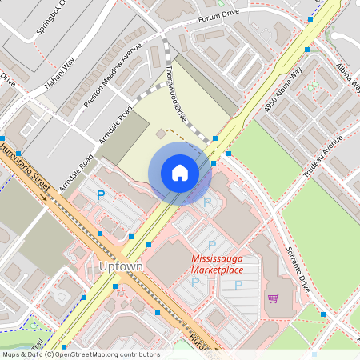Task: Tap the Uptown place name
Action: click(x=119, y=265)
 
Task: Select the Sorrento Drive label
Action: click(x=298, y=268)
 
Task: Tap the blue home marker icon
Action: click(x=180, y=173)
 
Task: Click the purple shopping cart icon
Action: click(x=274, y=298)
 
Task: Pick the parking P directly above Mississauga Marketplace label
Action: click(x=212, y=244)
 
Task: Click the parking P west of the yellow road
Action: click(x=101, y=194)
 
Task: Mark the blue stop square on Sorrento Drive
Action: click(x=322, y=313)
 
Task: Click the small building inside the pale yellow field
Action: click(x=160, y=132)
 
